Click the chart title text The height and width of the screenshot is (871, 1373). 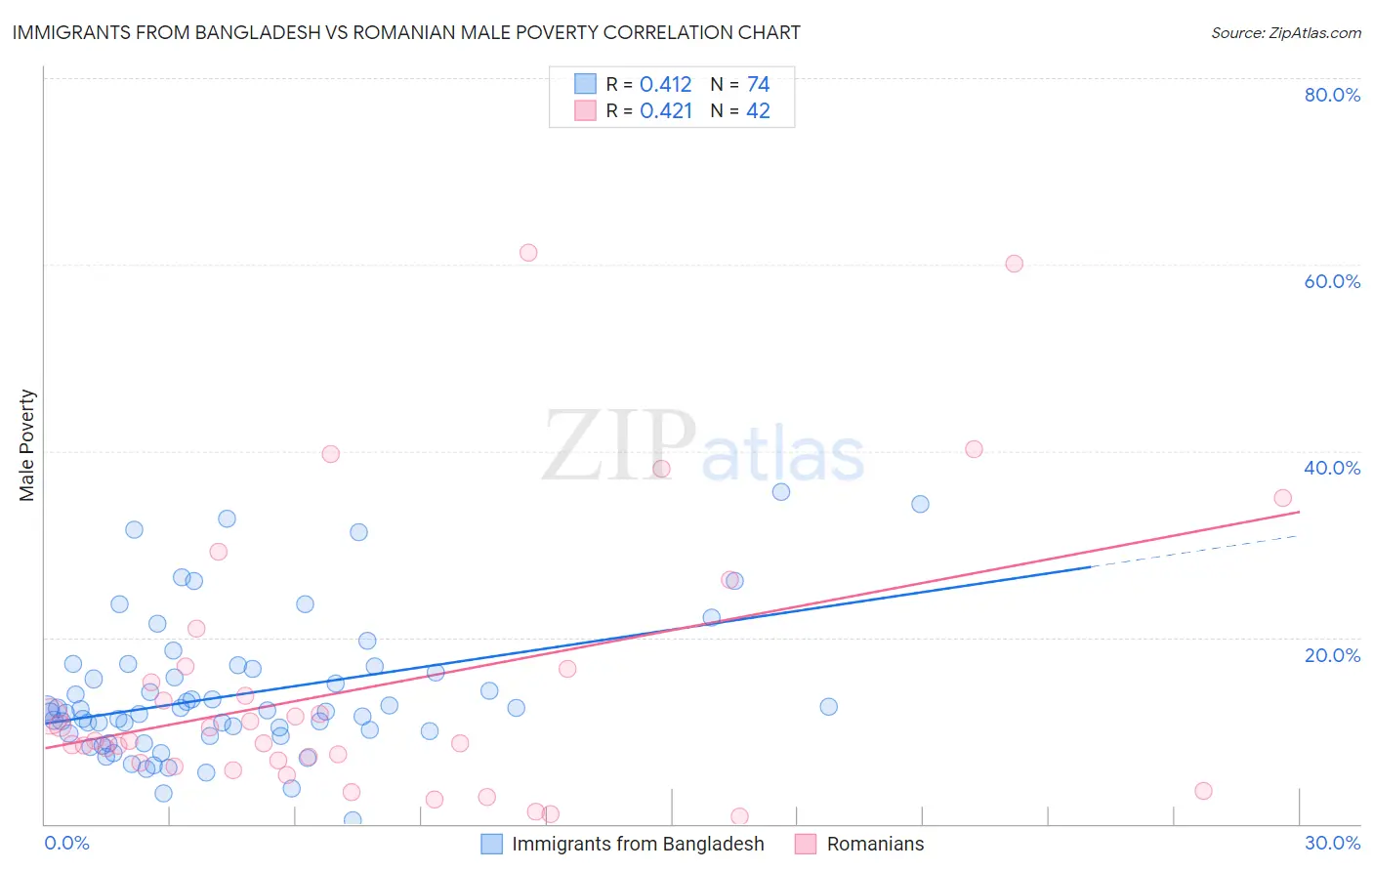coord(406,32)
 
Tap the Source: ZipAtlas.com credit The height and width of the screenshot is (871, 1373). coord(1285,32)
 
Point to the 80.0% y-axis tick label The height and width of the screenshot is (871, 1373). coord(1332,95)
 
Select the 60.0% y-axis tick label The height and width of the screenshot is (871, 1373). coord(1332,281)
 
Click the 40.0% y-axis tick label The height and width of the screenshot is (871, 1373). coord(1332,468)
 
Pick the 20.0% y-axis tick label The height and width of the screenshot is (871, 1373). coord(1332,655)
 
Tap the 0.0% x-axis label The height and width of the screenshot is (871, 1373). coord(66,843)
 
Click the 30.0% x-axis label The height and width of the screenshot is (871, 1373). coord(1332,843)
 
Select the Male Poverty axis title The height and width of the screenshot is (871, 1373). coord(27,445)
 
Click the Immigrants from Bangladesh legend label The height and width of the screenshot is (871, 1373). coord(638,844)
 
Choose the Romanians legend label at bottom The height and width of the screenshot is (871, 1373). coord(875,844)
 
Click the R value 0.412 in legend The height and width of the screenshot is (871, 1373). coord(665,85)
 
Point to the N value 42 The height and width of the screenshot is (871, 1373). coord(758,111)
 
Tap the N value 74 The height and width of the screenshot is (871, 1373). coord(758,85)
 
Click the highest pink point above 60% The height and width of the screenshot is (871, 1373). coord(528,253)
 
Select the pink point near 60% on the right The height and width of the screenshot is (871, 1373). coord(1014,264)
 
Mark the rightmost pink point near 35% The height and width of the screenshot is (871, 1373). coord(1282,498)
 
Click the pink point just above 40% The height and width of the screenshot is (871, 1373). coord(974,449)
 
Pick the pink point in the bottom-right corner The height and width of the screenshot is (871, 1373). coord(1203,791)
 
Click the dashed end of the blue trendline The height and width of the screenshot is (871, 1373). coord(1196,551)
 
